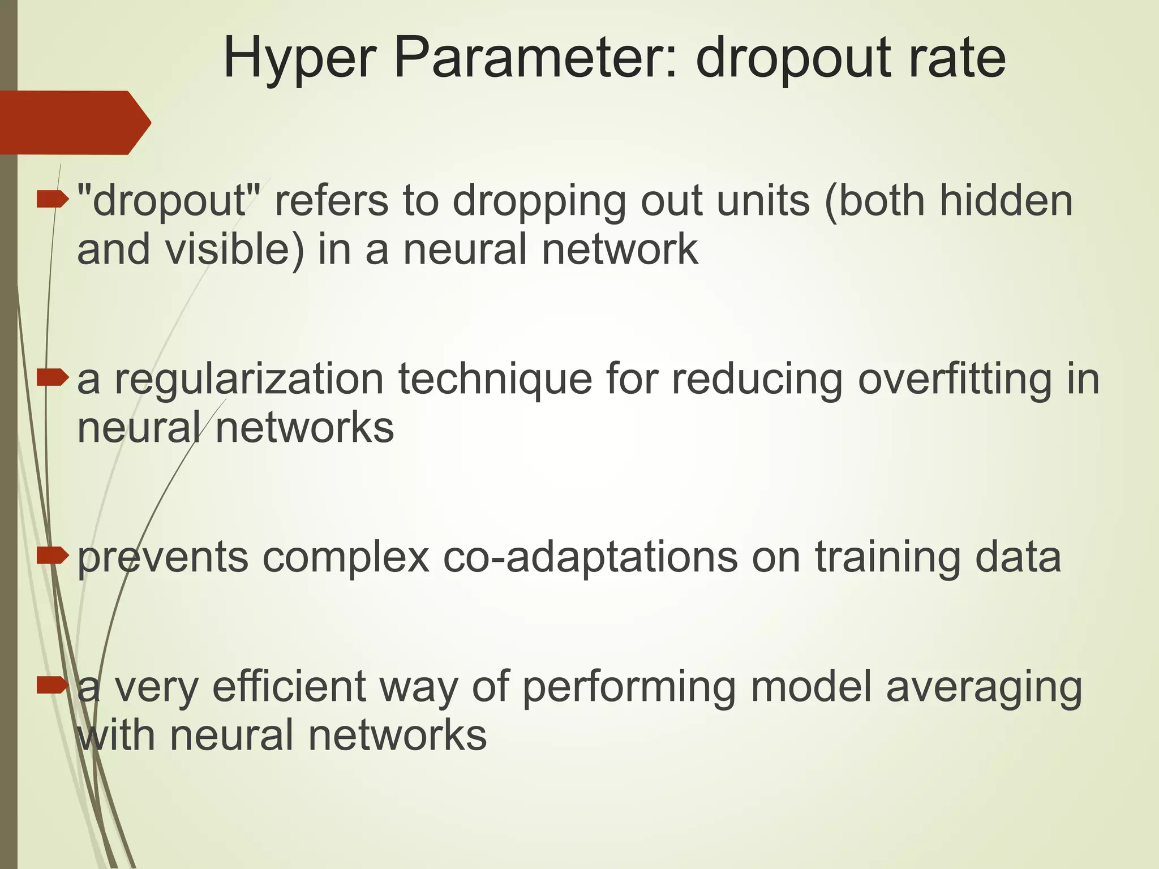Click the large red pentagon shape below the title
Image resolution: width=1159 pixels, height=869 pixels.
point(74,122)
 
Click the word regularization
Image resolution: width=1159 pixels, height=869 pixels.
point(250,380)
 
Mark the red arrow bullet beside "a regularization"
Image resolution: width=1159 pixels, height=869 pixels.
point(53,377)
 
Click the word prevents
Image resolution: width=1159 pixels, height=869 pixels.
point(163,558)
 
